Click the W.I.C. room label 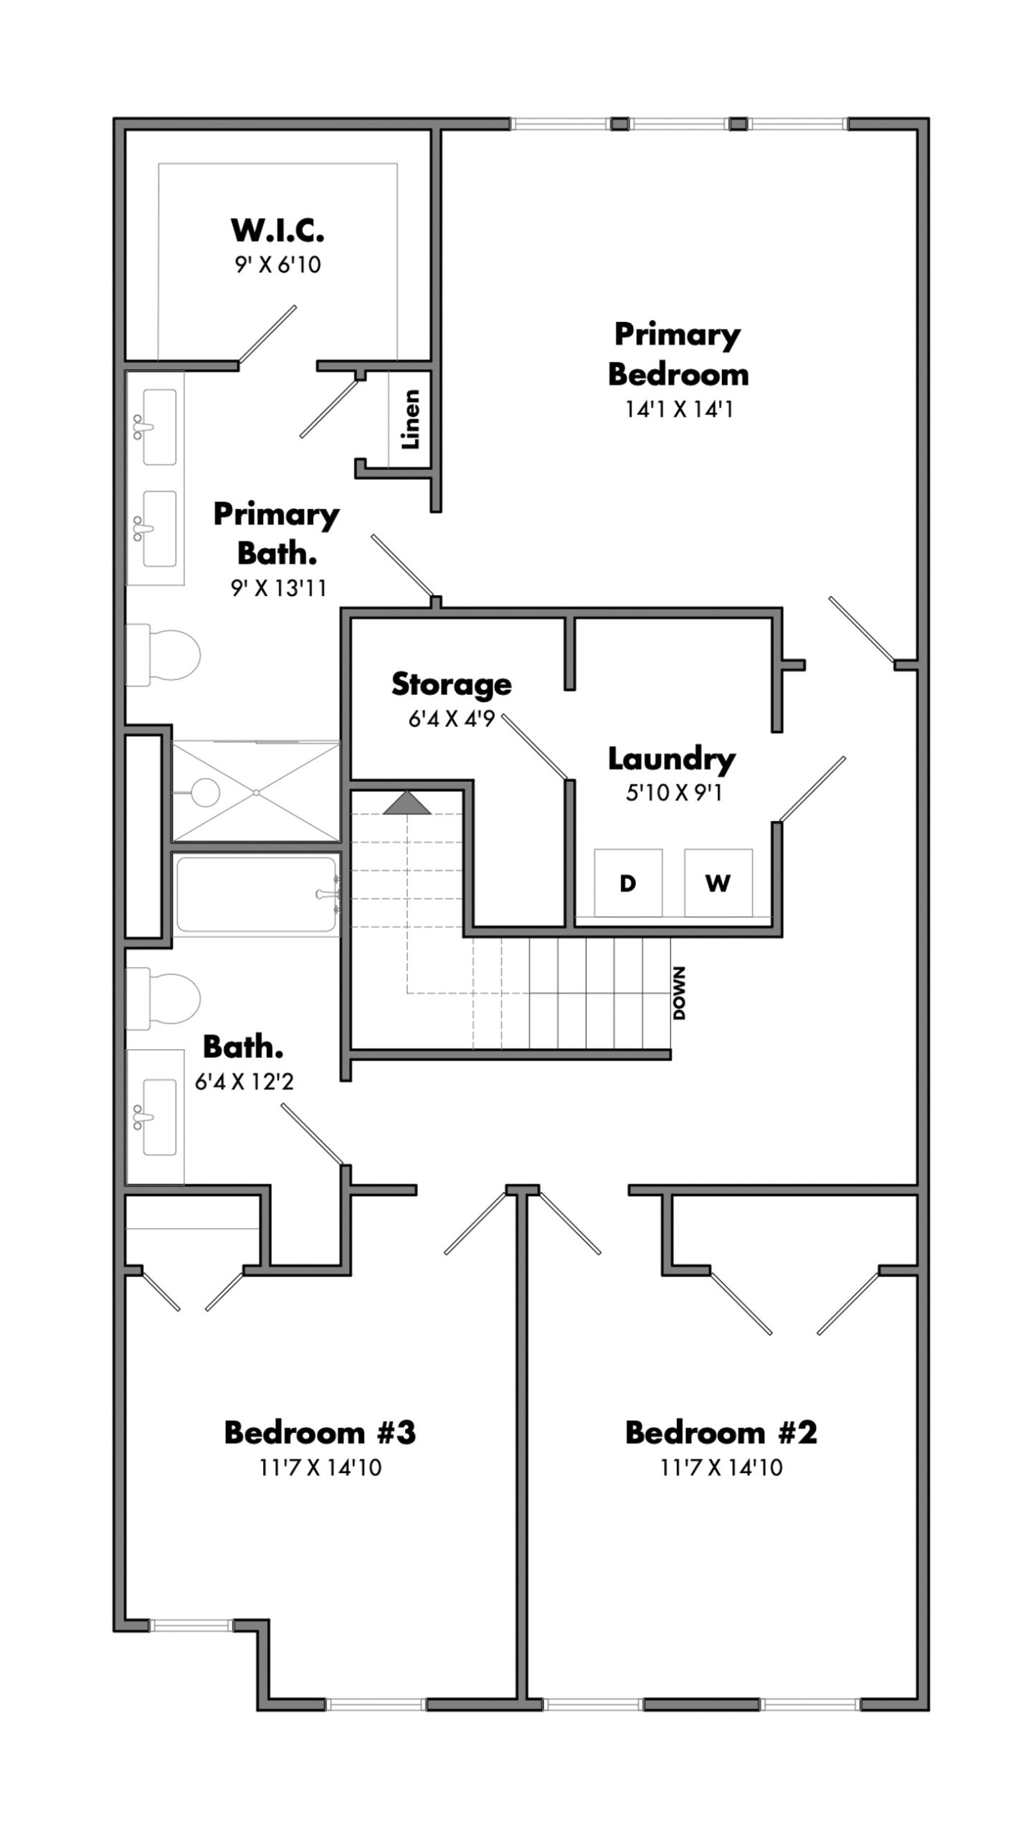[x=277, y=230]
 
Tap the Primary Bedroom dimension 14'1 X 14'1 [x=679, y=410]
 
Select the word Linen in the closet [x=410, y=420]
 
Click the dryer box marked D [x=628, y=883]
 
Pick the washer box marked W [x=718, y=883]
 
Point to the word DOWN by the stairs [x=679, y=993]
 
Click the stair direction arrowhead [x=407, y=803]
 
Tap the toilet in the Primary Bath [x=163, y=654]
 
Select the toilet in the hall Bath [x=163, y=998]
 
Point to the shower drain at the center [x=256, y=792]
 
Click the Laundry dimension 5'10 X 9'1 [x=673, y=793]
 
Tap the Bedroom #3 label [x=320, y=1432]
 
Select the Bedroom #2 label [x=721, y=1432]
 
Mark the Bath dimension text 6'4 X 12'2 [x=244, y=1082]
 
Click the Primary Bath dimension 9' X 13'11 [x=278, y=589]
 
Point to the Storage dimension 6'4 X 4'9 [x=452, y=719]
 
